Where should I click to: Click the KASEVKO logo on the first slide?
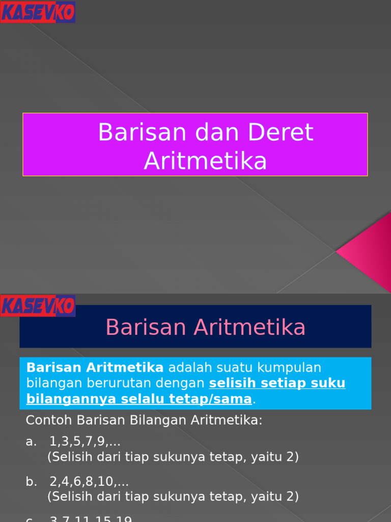pyautogui.click(x=38, y=12)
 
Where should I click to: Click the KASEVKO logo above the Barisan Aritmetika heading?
pyautogui.click(x=38, y=305)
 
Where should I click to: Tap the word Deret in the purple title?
pyautogui.click(x=281, y=133)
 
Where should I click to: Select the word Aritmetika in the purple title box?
pyautogui.click(x=205, y=161)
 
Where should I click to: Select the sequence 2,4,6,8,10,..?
pyautogui.click(x=89, y=481)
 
